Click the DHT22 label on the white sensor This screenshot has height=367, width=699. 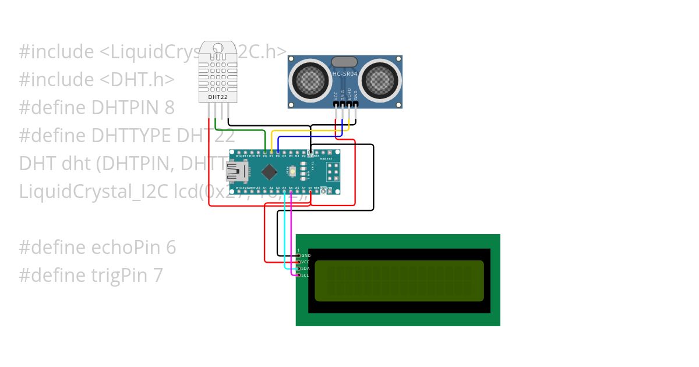pos(218,96)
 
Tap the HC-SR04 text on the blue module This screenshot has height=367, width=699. pos(344,73)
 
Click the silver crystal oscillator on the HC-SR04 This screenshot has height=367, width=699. pos(344,62)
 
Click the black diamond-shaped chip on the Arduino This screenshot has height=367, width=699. pos(269,172)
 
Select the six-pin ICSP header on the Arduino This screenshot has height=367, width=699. pos(333,171)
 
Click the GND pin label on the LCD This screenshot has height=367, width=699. pos(306,256)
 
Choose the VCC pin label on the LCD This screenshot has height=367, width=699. pos(305,262)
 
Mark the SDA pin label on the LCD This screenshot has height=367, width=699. pos(305,269)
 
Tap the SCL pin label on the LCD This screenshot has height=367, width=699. pos(305,275)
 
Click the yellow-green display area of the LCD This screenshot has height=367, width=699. pos(399,281)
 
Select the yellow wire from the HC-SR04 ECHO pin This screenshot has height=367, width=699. pos(309,130)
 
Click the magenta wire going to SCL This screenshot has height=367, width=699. pos(291,233)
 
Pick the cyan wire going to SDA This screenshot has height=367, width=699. pos(284,233)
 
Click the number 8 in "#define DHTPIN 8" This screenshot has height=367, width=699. pos(170,108)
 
